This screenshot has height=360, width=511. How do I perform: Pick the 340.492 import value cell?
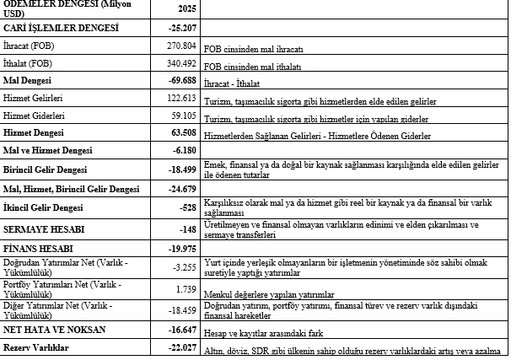coord(180,63)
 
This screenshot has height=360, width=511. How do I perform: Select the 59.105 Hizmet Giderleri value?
coord(181,116)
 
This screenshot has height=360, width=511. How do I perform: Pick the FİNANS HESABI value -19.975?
coord(180,250)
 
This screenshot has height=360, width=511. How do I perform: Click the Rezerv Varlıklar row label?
coord(36,348)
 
